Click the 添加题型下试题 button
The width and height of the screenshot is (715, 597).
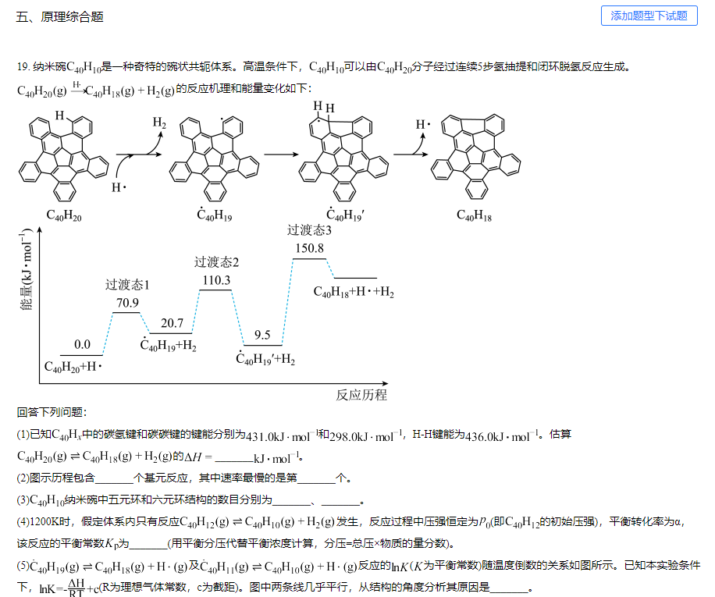(x=649, y=16)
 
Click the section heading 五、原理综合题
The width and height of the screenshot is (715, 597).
(x=60, y=16)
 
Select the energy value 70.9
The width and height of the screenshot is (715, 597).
(x=127, y=303)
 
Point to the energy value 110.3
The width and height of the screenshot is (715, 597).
(x=216, y=280)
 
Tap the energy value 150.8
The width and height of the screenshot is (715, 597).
(x=309, y=248)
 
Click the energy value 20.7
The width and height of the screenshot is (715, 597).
(x=172, y=323)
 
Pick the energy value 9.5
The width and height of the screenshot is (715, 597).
(x=262, y=335)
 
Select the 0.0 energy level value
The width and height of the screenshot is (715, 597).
(x=82, y=344)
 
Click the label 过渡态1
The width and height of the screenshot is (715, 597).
(x=127, y=285)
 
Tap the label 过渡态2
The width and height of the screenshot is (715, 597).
(x=216, y=262)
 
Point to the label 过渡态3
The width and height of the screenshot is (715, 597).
(x=309, y=230)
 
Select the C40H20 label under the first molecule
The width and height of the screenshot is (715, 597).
(x=63, y=215)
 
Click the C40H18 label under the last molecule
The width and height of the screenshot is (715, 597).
(x=474, y=215)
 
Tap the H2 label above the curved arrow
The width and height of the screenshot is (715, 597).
(x=159, y=123)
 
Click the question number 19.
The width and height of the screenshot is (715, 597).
(x=23, y=67)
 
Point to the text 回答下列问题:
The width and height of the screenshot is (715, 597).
(x=52, y=412)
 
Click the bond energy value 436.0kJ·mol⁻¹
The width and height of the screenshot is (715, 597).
(x=500, y=435)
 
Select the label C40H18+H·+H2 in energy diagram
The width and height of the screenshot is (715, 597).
(x=354, y=293)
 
